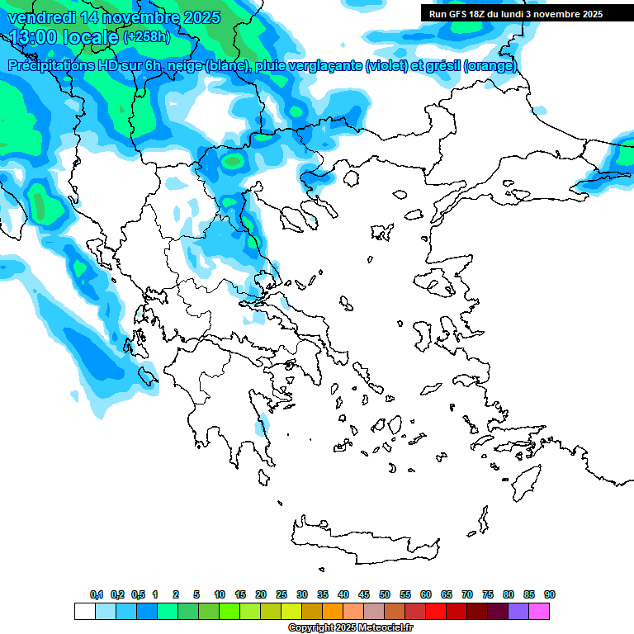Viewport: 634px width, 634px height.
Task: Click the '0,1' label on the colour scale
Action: click(x=97, y=594)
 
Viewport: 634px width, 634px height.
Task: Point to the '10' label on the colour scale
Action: click(x=220, y=594)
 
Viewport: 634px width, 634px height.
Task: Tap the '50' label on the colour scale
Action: click(x=385, y=594)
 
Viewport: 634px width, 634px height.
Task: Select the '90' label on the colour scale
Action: click(x=550, y=594)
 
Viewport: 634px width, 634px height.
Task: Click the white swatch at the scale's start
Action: click(x=85, y=611)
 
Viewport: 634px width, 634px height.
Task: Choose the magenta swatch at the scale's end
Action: click(x=539, y=611)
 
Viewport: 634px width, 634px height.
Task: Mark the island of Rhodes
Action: click(x=525, y=480)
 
